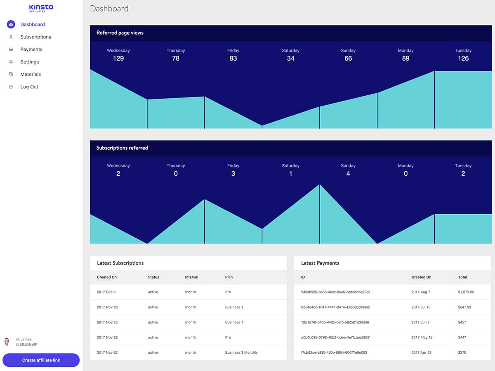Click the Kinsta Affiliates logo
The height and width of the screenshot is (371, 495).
click(41, 8)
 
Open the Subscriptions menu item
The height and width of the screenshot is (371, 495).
click(35, 37)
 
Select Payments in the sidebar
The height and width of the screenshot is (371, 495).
click(31, 49)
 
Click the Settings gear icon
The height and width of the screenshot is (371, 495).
click(11, 61)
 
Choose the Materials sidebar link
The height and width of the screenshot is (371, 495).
click(31, 74)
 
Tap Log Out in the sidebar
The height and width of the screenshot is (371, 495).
click(29, 87)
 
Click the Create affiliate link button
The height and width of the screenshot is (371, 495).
click(41, 360)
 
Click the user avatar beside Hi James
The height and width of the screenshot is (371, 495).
click(7, 342)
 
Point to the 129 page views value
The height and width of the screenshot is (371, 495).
click(118, 58)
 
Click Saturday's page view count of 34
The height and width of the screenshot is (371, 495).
click(291, 58)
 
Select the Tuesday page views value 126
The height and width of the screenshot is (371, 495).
click(463, 58)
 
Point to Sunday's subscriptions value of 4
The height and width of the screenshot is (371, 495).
click(348, 173)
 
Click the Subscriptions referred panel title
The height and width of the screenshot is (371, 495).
click(122, 148)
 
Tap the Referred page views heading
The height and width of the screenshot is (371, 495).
click(120, 33)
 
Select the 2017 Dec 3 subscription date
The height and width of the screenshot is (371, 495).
click(106, 292)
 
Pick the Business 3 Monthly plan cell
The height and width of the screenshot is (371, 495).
click(241, 352)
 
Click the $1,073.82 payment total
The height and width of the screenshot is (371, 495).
click(466, 292)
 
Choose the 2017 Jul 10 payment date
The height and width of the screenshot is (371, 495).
click(421, 307)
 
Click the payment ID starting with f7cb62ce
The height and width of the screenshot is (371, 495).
click(334, 352)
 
